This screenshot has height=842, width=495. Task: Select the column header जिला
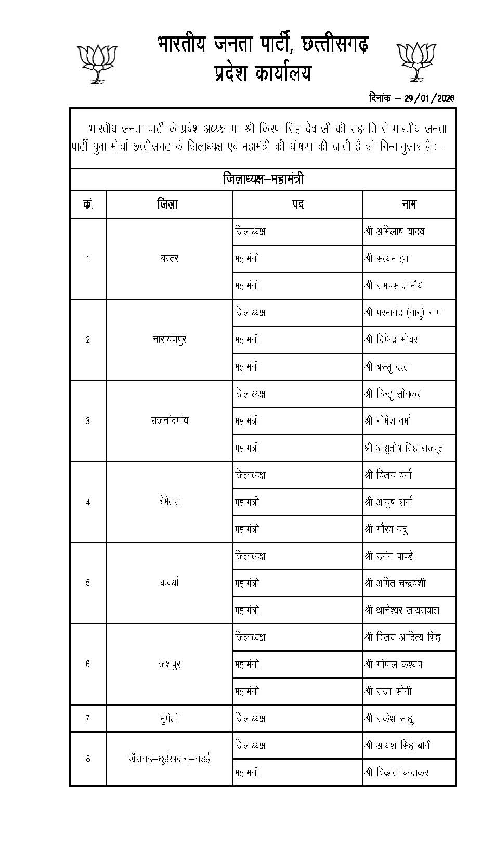click(x=168, y=205)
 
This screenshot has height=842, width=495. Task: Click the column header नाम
click(x=409, y=205)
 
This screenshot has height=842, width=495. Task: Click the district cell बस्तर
click(x=170, y=259)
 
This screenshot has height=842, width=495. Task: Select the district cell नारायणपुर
click(x=170, y=340)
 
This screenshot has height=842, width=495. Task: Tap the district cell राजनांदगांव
click(x=170, y=421)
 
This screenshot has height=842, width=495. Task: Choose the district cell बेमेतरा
click(x=170, y=502)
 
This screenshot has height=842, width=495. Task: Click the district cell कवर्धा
click(x=170, y=583)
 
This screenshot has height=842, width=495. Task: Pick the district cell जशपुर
click(x=170, y=665)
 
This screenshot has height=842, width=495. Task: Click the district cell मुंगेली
click(x=170, y=719)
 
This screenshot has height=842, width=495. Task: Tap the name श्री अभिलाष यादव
click(x=395, y=232)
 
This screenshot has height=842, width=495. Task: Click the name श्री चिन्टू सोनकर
click(x=393, y=394)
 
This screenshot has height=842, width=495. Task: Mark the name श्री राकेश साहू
click(x=389, y=719)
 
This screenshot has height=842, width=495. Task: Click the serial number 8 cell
click(x=88, y=759)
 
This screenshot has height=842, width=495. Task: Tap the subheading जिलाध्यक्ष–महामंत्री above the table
click(x=263, y=180)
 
